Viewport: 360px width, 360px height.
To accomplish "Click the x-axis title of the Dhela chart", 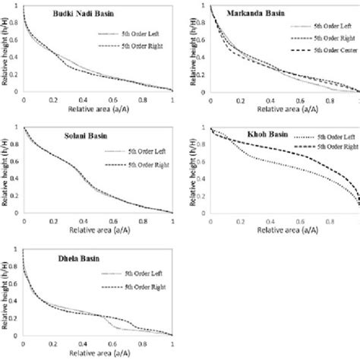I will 99,354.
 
